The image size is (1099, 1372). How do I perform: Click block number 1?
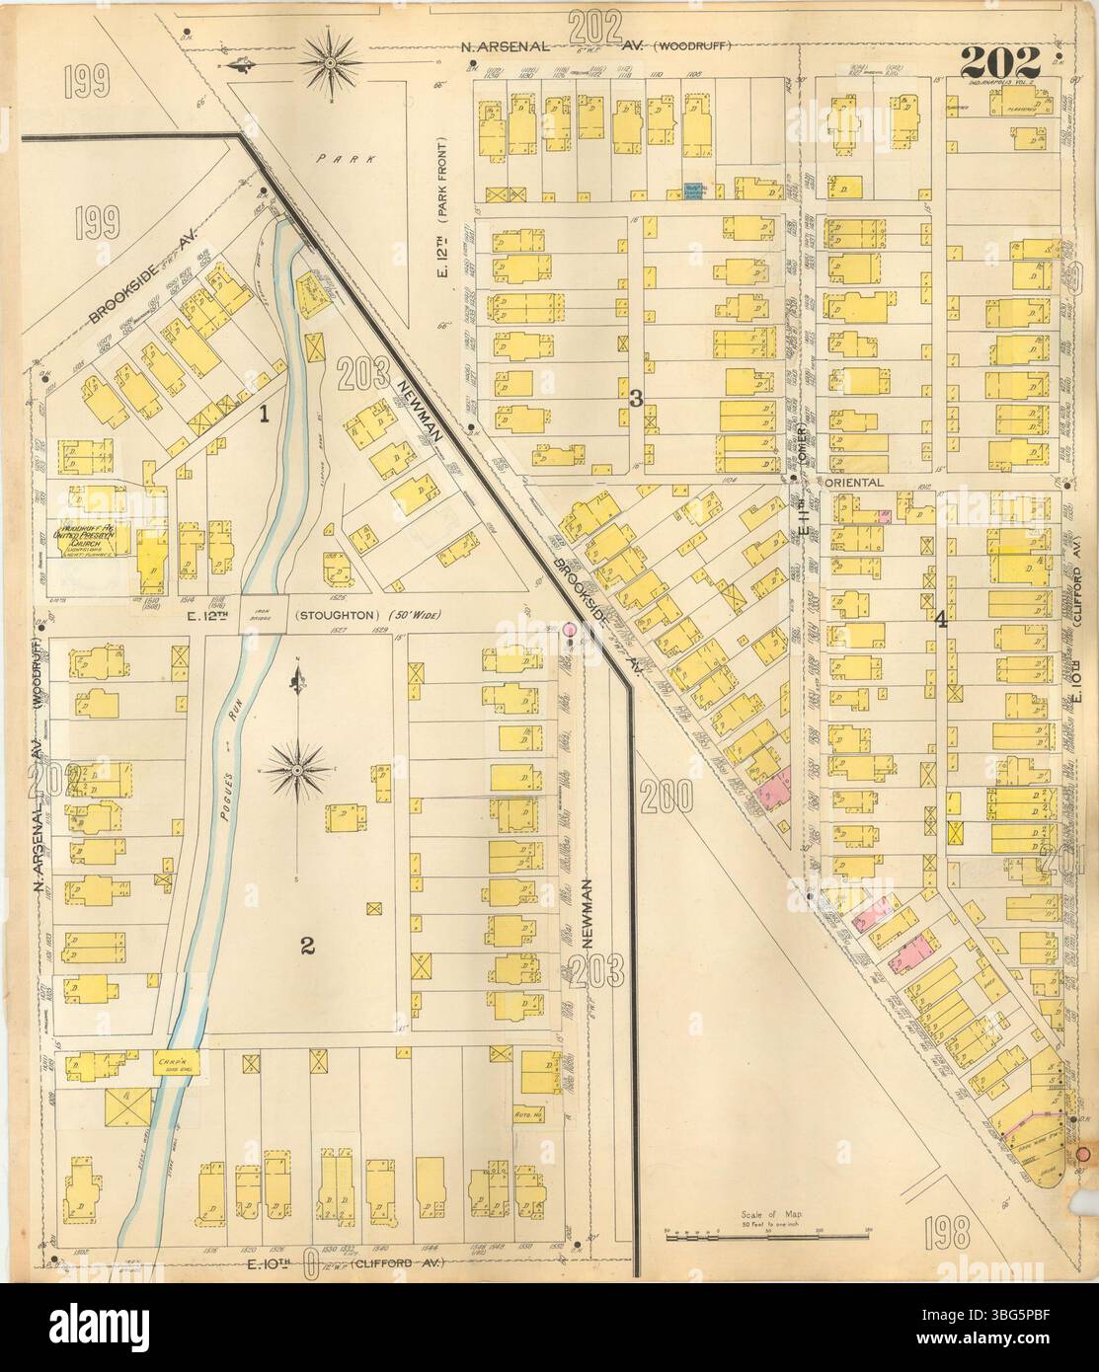tap(264, 416)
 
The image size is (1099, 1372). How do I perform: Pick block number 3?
tap(637, 399)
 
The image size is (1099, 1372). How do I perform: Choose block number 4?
tap(942, 620)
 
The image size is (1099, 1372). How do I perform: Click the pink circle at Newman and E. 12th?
tap(569, 628)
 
